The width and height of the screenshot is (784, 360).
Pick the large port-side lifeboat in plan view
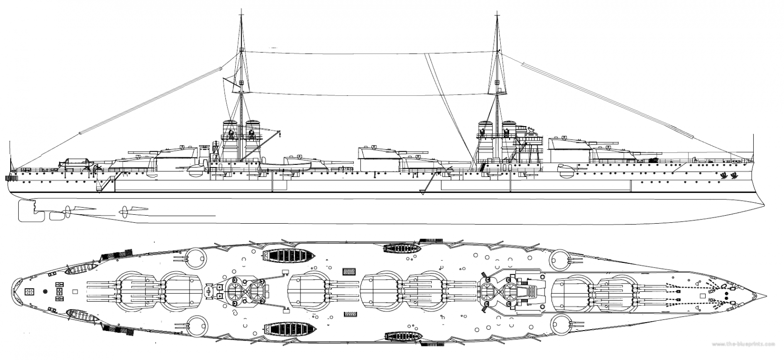(283, 255)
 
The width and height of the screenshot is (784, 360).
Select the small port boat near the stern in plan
(81, 270)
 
